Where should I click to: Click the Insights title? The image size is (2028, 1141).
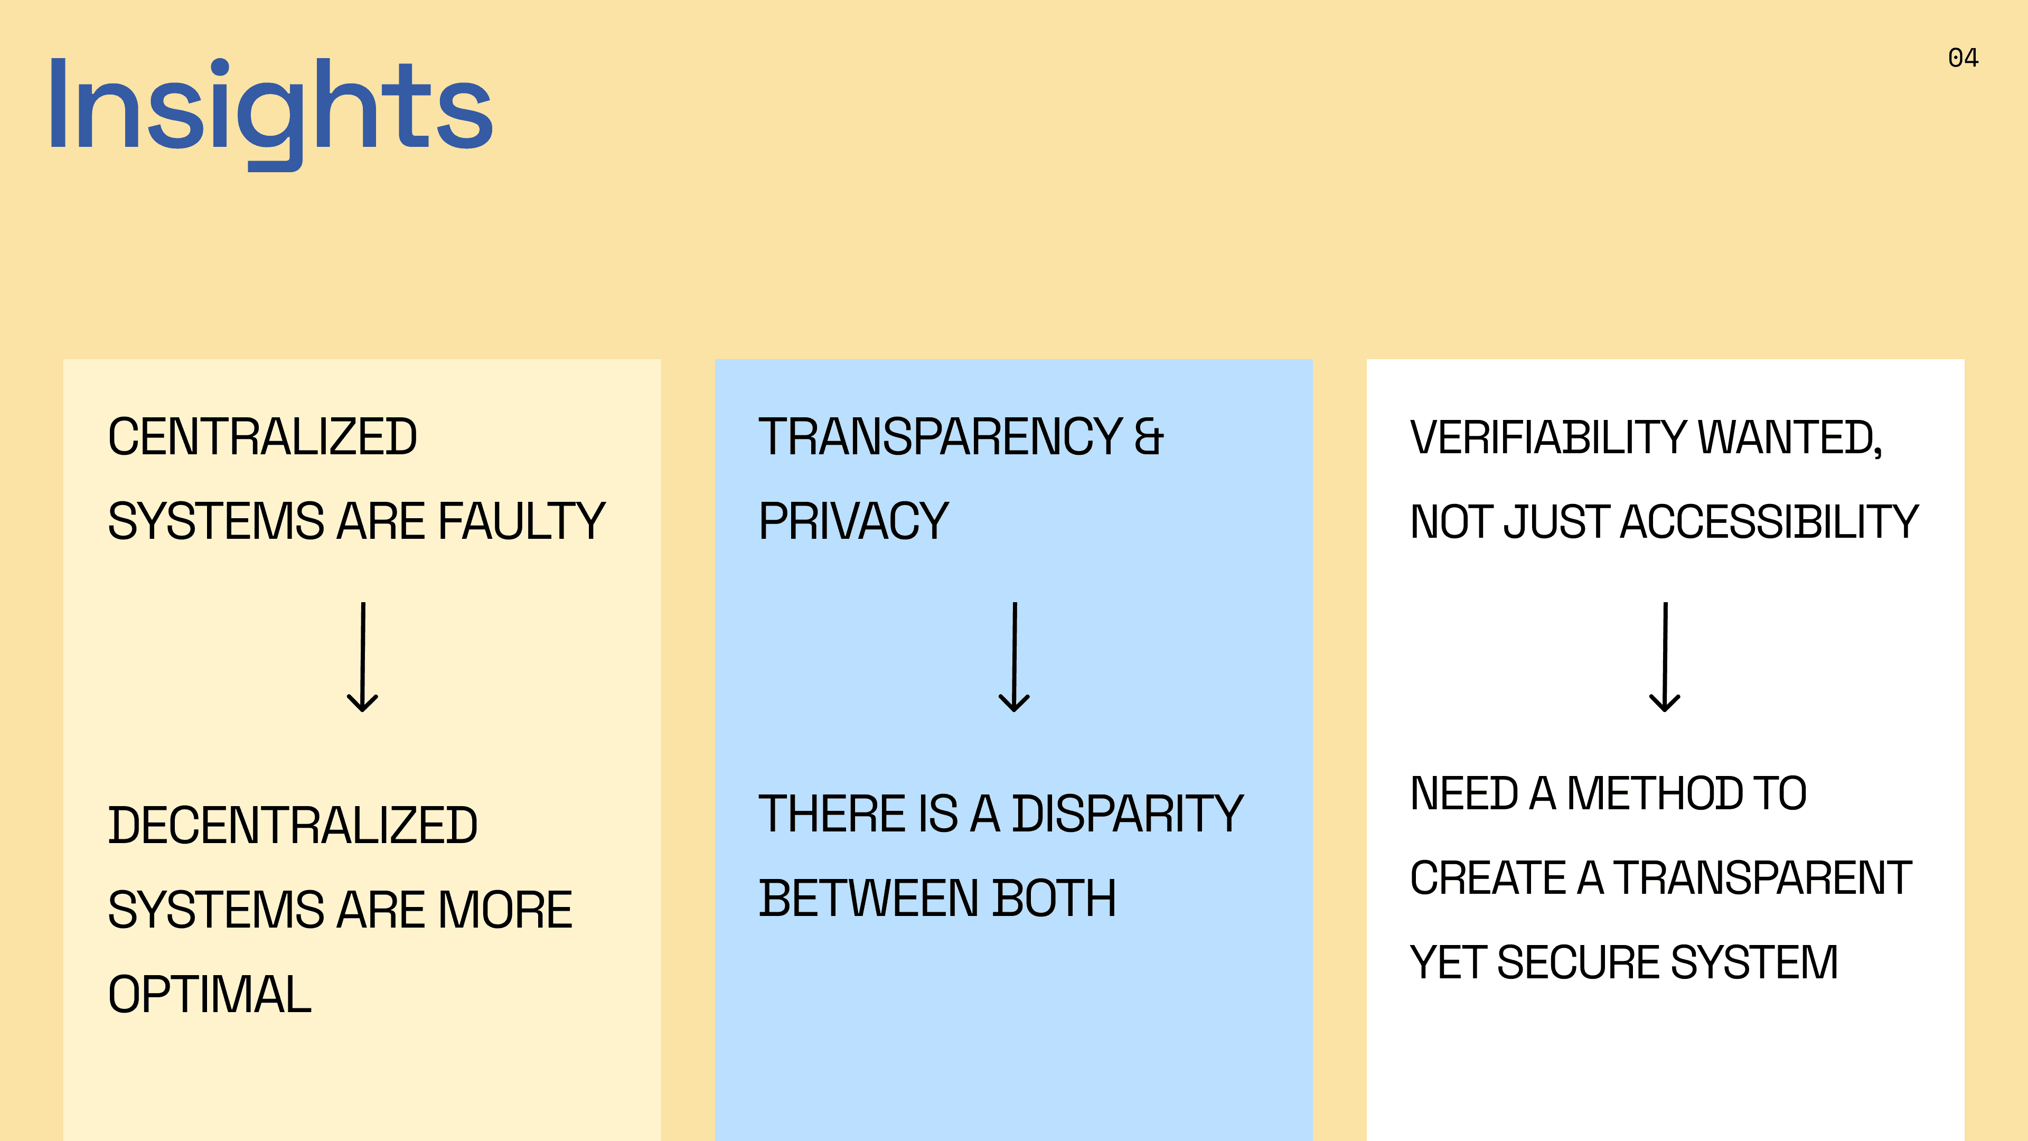tap(270, 106)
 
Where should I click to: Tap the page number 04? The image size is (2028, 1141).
tap(1963, 58)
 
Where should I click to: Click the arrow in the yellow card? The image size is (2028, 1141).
tap(363, 658)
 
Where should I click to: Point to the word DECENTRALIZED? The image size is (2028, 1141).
tap(292, 825)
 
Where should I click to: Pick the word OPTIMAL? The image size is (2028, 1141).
tap(210, 995)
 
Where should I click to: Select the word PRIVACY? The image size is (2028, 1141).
tap(853, 521)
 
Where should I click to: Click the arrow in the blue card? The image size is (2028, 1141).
tap(1014, 658)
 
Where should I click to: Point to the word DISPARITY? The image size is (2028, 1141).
tap(1128, 814)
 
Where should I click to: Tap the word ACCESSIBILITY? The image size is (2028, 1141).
tap(1769, 521)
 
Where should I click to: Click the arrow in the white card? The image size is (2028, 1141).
tap(1665, 658)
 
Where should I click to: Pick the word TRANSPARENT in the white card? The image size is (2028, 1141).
tap(1763, 878)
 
